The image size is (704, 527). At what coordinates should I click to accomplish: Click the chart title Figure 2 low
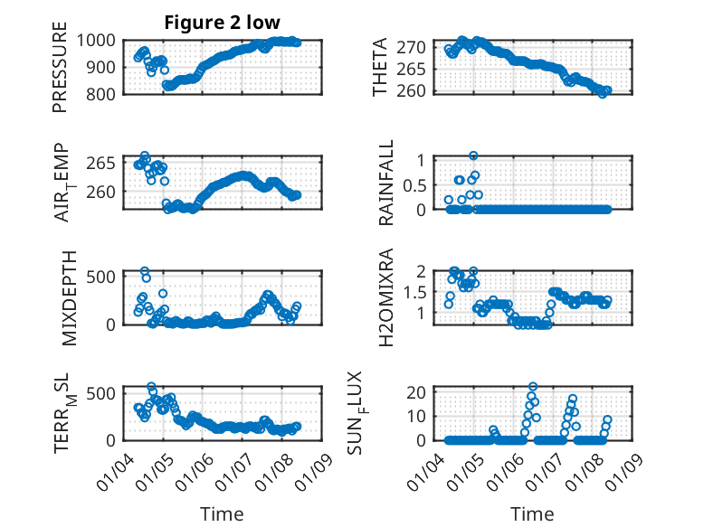[222, 22]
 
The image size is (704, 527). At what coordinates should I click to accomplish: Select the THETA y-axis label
[381, 67]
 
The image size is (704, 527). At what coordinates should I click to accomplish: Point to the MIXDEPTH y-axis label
[71, 297]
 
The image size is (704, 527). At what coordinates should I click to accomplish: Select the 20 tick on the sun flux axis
[416, 391]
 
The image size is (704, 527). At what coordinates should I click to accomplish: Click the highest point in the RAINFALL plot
[473, 155]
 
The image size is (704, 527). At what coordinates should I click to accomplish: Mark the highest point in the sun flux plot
[533, 387]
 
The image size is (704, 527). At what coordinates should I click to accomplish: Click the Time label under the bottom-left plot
[222, 514]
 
